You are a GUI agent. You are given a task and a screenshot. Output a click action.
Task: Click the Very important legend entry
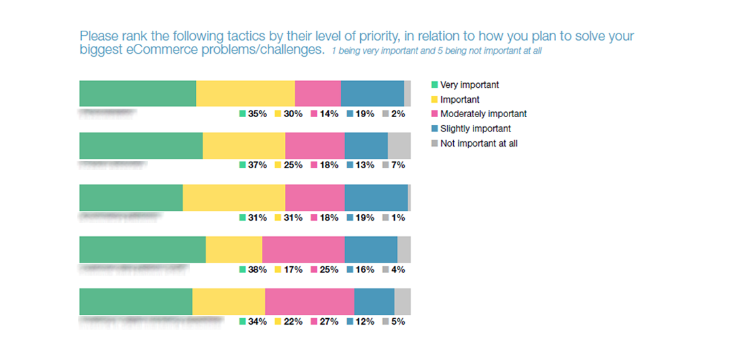coord(469,85)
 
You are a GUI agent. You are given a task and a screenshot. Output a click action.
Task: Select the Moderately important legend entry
coord(483,114)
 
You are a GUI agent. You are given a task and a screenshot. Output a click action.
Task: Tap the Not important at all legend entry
coord(478,143)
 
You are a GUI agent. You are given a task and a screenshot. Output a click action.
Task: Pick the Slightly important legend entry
coord(475,129)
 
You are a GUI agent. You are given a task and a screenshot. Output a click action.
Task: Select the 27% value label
coord(328,321)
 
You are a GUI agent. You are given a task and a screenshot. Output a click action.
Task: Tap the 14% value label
coord(328,114)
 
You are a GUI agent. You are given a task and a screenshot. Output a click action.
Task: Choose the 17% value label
coord(293,270)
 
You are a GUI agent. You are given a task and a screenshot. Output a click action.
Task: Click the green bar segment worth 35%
coord(138,94)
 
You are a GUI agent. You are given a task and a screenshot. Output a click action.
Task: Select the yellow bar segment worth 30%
coord(246,94)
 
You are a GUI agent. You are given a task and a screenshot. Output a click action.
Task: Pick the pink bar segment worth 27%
coord(310,301)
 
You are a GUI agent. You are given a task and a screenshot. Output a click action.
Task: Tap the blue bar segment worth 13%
coord(366,145)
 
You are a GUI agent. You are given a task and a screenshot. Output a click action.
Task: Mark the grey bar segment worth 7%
coord(399,145)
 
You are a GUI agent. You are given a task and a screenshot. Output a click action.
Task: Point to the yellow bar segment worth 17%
coord(234,249)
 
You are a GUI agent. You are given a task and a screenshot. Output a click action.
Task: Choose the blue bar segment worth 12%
coord(375,301)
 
